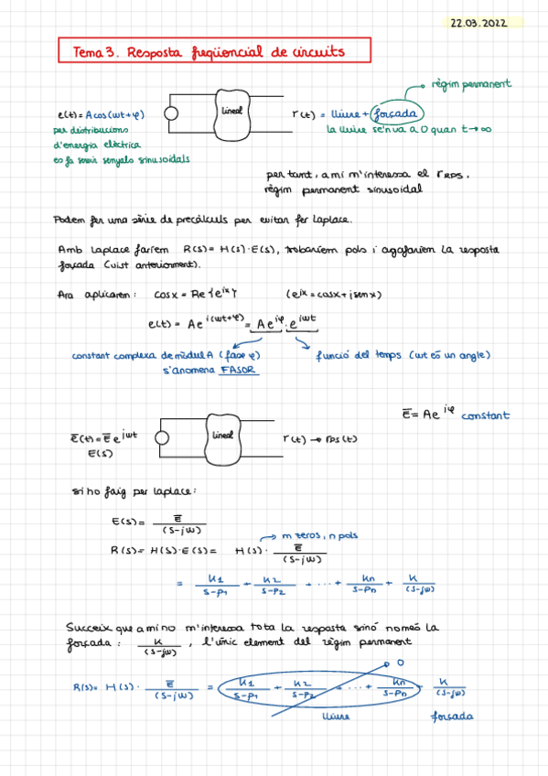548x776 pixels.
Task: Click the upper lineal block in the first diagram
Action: [x=235, y=113]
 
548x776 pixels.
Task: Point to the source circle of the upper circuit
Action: [x=170, y=113]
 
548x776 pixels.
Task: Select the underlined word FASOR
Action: [x=237, y=371]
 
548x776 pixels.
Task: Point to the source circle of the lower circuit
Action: [x=163, y=437]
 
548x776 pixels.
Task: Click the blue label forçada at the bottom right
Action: [x=452, y=716]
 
